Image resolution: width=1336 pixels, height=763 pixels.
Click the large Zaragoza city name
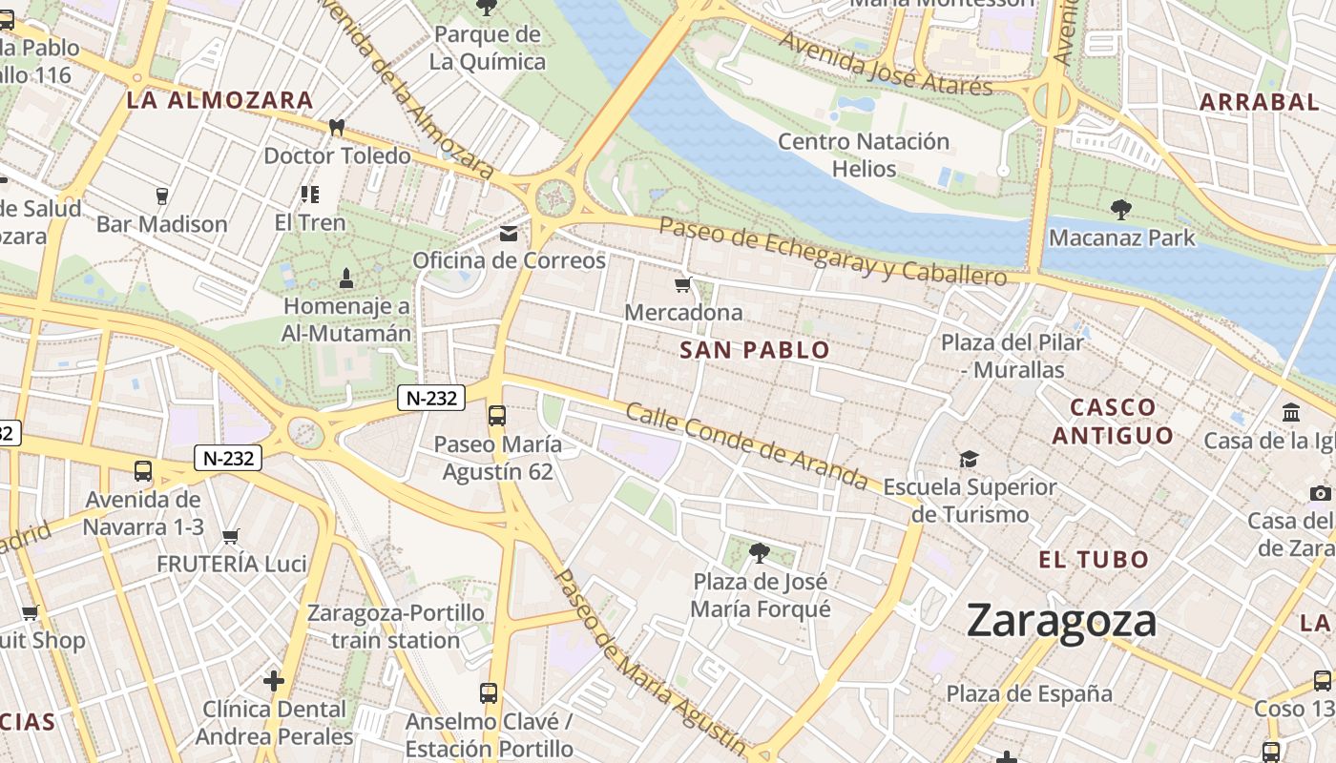tap(1061, 621)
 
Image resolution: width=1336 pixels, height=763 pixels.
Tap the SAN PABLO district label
tap(755, 350)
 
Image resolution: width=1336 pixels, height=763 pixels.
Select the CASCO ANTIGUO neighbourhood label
tap(1113, 422)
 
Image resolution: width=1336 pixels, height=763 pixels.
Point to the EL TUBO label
tap(1094, 559)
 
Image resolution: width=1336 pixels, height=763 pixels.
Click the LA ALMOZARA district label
tap(220, 100)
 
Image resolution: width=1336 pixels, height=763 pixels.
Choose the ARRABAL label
tap(1259, 102)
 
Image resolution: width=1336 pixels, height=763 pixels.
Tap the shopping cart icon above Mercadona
tap(682, 284)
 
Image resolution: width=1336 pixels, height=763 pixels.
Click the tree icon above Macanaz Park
tap(1120, 209)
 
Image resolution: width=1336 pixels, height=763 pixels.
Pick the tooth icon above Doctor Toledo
tap(336, 127)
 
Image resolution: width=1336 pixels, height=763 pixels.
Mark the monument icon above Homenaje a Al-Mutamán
tap(346, 278)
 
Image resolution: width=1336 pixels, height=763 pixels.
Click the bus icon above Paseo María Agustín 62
tap(496, 415)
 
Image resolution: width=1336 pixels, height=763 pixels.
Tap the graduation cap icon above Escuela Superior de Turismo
tap(969, 459)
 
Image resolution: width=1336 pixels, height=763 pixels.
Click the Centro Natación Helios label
tap(864, 155)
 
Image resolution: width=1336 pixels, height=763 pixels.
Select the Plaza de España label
tap(1029, 693)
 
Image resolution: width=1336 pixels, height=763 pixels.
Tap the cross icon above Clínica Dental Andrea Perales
tap(274, 680)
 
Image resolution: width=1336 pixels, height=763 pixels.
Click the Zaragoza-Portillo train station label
tap(396, 626)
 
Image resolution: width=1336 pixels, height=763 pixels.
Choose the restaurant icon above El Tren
tap(309, 195)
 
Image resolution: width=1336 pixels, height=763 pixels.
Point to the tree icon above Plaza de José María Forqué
tap(760, 552)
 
